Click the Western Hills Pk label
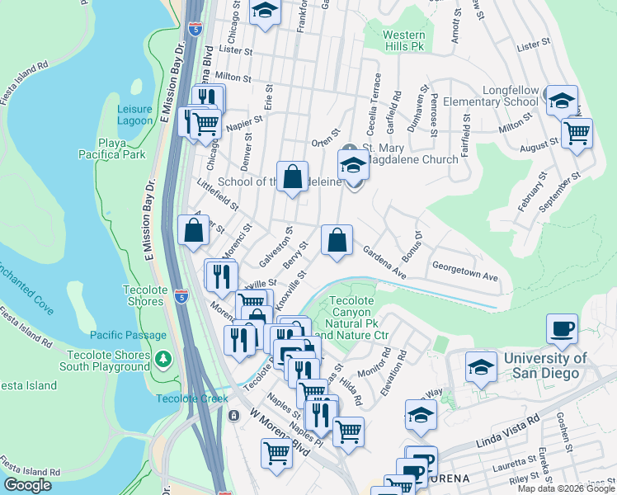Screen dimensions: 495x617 pyautogui.click(x=404, y=41)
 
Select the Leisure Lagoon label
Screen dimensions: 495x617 pyautogui.click(x=135, y=115)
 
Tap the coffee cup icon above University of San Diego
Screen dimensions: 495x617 pyautogui.click(x=562, y=329)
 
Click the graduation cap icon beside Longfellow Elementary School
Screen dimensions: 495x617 pyautogui.click(x=562, y=101)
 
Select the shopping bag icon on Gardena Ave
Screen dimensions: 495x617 pyautogui.click(x=337, y=241)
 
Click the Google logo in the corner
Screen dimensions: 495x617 pyautogui.click(x=27, y=485)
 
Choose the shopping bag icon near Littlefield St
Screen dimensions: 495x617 pyautogui.click(x=192, y=232)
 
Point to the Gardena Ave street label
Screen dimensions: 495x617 pyautogui.click(x=384, y=265)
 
